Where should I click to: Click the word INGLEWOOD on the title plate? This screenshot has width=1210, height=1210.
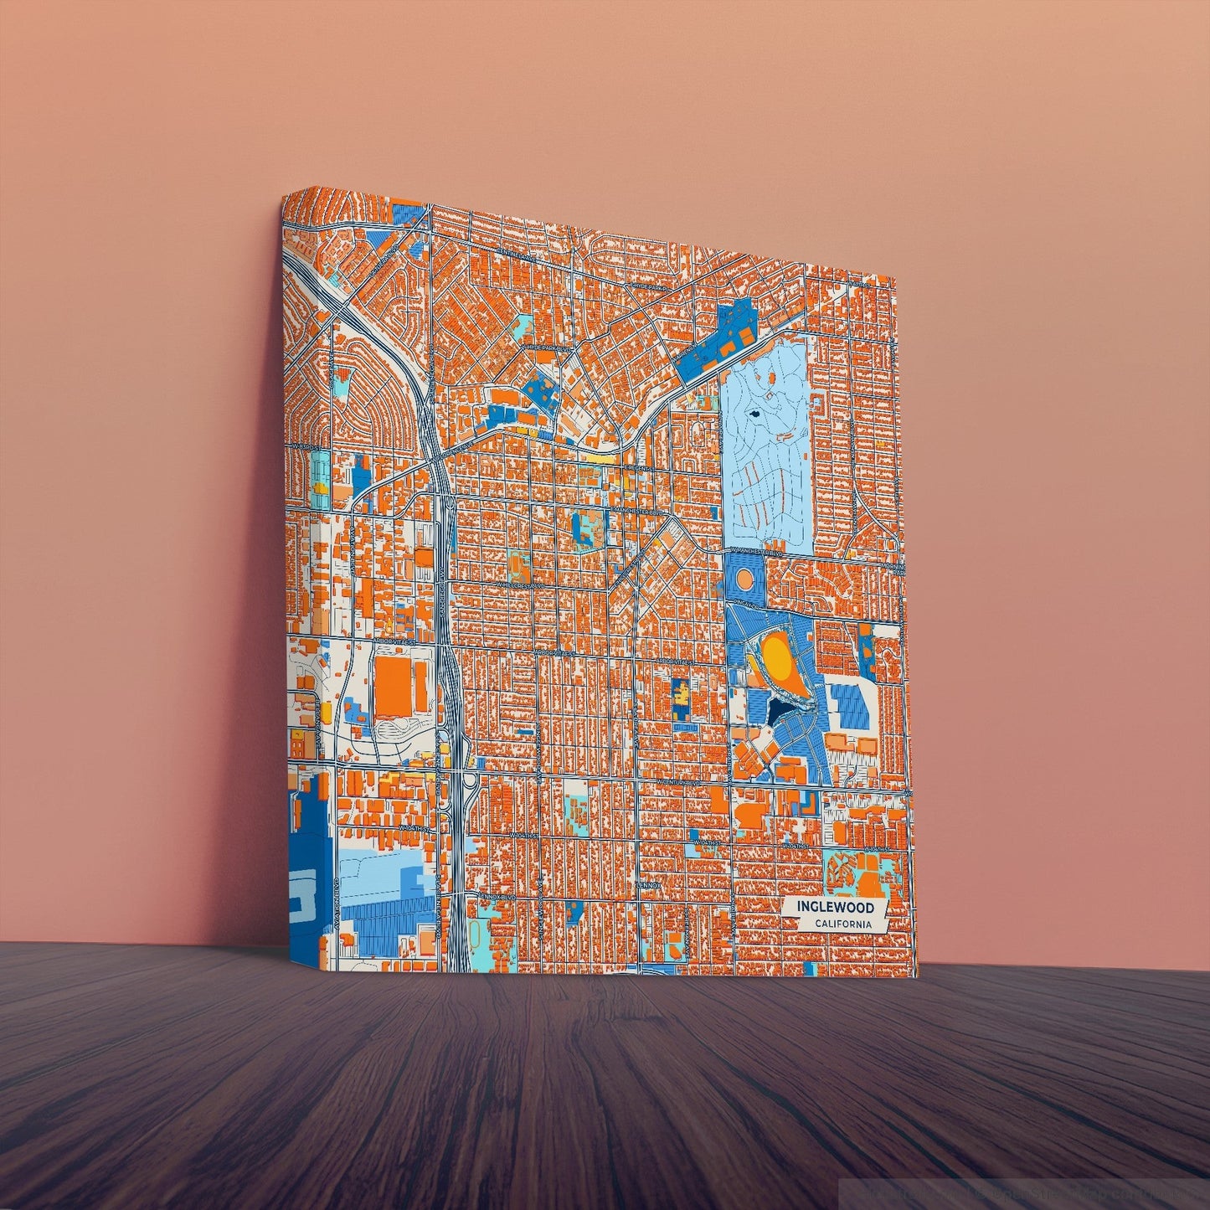pyautogui.click(x=835, y=907)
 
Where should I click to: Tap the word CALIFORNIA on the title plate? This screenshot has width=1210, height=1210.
pyautogui.click(x=842, y=924)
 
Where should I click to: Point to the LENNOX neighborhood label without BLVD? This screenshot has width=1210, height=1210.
pyautogui.click(x=647, y=884)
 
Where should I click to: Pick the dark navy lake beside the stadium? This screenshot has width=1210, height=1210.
pyautogui.click(x=778, y=711)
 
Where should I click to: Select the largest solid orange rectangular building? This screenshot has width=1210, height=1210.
pyautogui.click(x=393, y=687)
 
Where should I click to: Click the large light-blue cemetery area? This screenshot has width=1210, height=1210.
pyautogui.click(x=766, y=452)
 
